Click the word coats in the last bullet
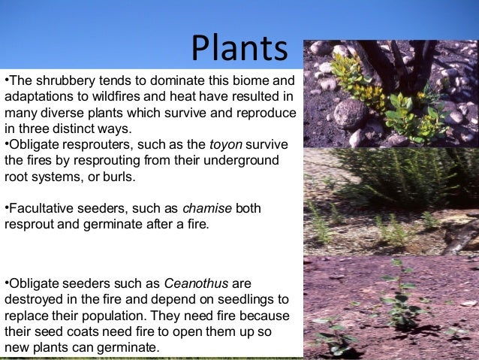(x=74, y=331)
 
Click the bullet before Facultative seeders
(x=7, y=207)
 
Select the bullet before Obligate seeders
(x=7, y=283)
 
